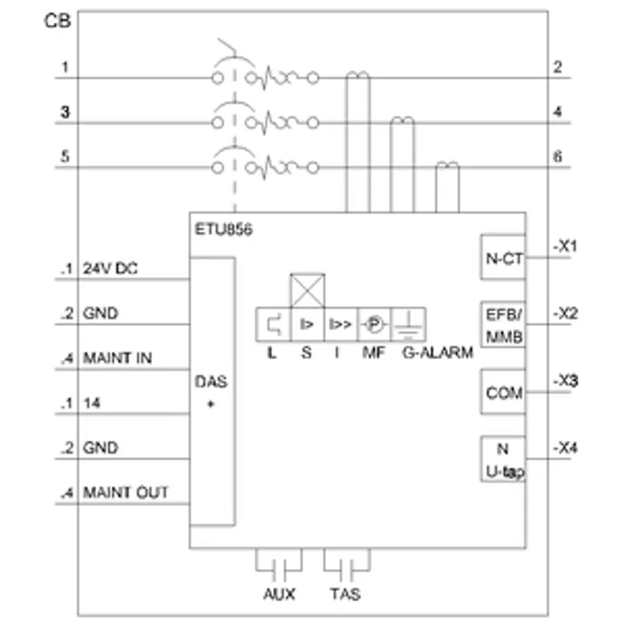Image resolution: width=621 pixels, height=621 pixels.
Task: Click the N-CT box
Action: pos(503,258)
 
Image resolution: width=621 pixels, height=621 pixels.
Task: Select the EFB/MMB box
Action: pos(503,324)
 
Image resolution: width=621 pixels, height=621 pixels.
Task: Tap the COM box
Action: pos(503,392)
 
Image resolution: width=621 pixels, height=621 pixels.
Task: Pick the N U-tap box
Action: pos(503,460)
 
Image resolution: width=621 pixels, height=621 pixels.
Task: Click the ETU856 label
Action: pos(224,230)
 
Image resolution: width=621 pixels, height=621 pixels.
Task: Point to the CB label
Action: pos(57,21)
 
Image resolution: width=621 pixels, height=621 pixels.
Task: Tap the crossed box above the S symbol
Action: pos(307,290)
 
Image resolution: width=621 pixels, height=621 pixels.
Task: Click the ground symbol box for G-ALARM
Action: pos(408,324)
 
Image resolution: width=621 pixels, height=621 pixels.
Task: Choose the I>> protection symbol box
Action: pos(341,324)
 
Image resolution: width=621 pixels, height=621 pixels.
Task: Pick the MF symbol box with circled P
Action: pos(374,324)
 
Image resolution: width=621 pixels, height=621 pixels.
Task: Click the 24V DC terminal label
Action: pos(110,269)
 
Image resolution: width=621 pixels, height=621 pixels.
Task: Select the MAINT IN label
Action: pos(117,358)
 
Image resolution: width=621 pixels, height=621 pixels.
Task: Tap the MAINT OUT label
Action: pos(126,493)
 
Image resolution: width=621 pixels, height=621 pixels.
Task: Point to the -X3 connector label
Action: pos(565,381)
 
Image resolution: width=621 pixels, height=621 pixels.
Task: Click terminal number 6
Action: pos(557,157)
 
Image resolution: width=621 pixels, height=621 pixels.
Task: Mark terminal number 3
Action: pos(65,112)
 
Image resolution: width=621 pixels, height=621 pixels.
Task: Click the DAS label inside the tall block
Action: pos(211,382)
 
